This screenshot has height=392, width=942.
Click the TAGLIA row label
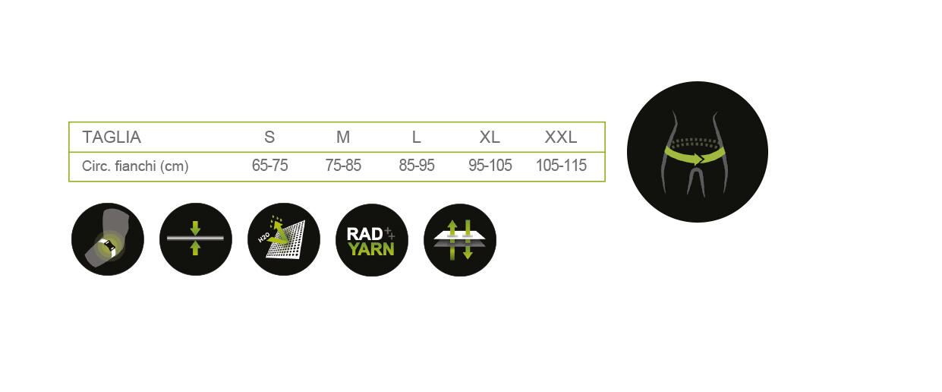(x=112, y=138)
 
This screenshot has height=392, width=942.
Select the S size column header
(x=269, y=138)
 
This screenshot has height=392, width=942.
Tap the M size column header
(x=343, y=138)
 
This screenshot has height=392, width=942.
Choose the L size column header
(x=416, y=138)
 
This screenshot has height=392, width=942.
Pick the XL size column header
(x=490, y=138)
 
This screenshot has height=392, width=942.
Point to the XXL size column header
(x=561, y=138)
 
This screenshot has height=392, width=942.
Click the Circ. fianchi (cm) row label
(x=135, y=166)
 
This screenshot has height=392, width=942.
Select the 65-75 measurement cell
(x=270, y=165)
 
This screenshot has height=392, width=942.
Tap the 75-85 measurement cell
(x=343, y=165)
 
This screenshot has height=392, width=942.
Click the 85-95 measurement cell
(x=417, y=165)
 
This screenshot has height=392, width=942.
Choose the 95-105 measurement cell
(x=490, y=165)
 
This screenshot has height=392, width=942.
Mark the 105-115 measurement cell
(x=561, y=165)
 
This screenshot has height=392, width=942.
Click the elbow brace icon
(x=108, y=239)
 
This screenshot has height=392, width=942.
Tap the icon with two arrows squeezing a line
(x=196, y=239)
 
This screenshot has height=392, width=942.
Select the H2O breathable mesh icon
(x=284, y=239)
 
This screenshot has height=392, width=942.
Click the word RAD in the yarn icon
(x=364, y=234)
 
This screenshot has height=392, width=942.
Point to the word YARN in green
(x=371, y=249)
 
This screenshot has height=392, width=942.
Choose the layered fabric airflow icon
(x=460, y=240)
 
